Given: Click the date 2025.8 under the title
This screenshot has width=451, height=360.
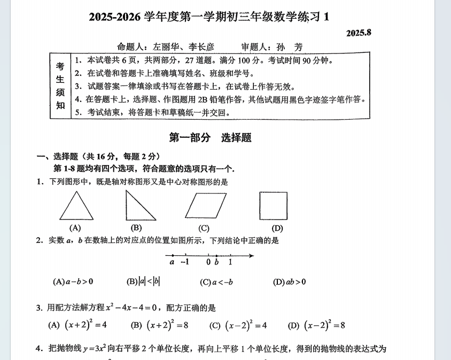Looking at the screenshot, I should (x=358, y=33).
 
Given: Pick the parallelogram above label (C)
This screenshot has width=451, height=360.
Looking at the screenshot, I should (x=204, y=206).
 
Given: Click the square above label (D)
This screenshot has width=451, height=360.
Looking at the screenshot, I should (x=274, y=206).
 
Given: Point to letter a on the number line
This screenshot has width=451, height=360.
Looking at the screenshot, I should (x=172, y=262).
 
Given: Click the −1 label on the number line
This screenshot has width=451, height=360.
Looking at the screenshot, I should (x=185, y=262).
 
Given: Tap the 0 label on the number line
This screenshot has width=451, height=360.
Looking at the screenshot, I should (x=208, y=262).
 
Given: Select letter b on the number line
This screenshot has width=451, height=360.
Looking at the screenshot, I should (x=216, y=262).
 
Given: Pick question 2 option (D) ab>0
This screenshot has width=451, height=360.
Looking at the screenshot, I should (x=289, y=281).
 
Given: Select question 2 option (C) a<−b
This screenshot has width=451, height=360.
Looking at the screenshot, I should (x=216, y=281).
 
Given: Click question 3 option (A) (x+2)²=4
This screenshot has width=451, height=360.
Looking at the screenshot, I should (x=77, y=325).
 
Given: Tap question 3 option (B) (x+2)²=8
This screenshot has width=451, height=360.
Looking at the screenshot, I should (x=160, y=325).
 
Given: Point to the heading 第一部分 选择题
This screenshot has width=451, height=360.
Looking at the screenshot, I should (x=210, y=137).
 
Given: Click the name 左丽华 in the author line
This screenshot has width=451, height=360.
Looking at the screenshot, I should (x=153, y=47).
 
